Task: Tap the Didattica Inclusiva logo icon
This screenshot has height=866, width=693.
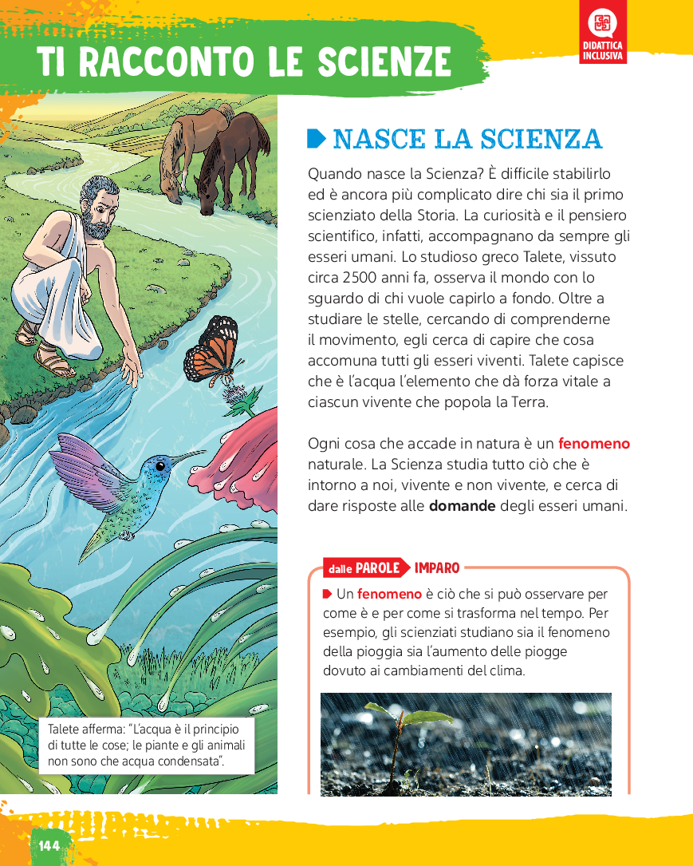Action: point(604,24)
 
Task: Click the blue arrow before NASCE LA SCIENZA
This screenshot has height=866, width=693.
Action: point(317,139)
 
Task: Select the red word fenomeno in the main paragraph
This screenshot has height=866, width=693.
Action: point(594,444)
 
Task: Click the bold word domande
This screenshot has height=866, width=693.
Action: point(463,506)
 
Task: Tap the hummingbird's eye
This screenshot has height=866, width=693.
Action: point(160,465)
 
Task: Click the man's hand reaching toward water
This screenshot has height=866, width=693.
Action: point(128,369)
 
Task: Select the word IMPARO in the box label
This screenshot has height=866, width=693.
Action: point(437,568)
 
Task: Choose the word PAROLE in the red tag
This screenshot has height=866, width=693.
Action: point(377,568)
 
